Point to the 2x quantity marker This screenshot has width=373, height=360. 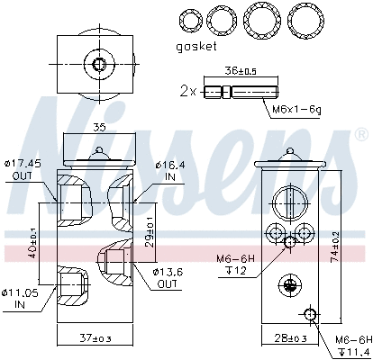pos(187,92)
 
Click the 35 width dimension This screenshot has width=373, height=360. pos(98,128)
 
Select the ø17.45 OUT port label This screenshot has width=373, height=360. pos(25,169)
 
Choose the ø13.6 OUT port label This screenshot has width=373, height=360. pos(168,277)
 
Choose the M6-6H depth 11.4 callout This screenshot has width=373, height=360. pos(352,344)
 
